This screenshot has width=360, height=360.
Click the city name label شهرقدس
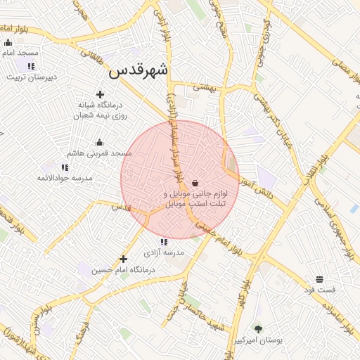139,70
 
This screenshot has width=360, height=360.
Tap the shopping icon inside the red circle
194,183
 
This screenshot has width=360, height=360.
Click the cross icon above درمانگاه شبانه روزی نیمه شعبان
100,95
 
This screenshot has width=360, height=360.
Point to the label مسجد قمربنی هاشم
99,153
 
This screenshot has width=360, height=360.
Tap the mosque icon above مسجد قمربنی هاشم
99,142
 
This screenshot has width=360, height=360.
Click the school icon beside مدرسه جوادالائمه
65,167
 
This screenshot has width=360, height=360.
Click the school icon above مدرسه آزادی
164,242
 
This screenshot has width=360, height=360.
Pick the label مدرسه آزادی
164,252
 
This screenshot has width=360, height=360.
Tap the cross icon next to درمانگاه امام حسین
124,259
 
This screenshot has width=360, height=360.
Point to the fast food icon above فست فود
320,279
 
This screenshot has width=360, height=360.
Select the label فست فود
320,290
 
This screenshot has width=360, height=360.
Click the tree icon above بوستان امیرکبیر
258,329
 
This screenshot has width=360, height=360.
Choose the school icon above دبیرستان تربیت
30,66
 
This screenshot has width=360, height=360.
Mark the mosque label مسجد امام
21,53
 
